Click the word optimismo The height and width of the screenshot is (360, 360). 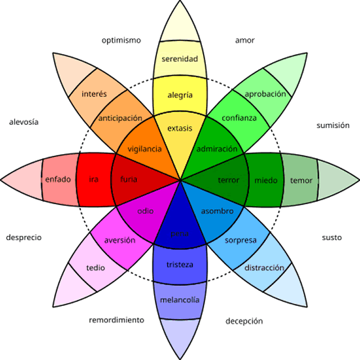coord(121,40)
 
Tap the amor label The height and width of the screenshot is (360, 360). coord(245,40)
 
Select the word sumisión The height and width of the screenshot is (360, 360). coord(333,125)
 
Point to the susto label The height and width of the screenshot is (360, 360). coord(332,237)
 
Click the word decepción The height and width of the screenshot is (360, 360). coord(244,321)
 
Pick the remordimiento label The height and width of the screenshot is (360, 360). coord(116,320)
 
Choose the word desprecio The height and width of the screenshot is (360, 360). coord(24,237)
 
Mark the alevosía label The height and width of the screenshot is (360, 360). coord(24,121)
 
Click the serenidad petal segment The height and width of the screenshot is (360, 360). coord(179,58)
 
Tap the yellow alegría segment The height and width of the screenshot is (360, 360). coord(180,95)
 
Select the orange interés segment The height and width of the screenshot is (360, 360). coord(94,93)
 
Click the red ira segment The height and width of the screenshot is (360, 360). coord(94,180)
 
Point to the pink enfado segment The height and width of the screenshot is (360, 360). coord(58,180)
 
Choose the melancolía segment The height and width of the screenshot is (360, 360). coord(180,300)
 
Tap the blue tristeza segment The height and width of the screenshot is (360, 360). coord(180,264)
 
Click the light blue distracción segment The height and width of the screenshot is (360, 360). coord(264,268)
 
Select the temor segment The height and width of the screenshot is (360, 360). coord(301,181)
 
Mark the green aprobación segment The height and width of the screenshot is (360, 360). coord(265,94)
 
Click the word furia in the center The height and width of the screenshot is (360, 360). coord(129,180)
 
